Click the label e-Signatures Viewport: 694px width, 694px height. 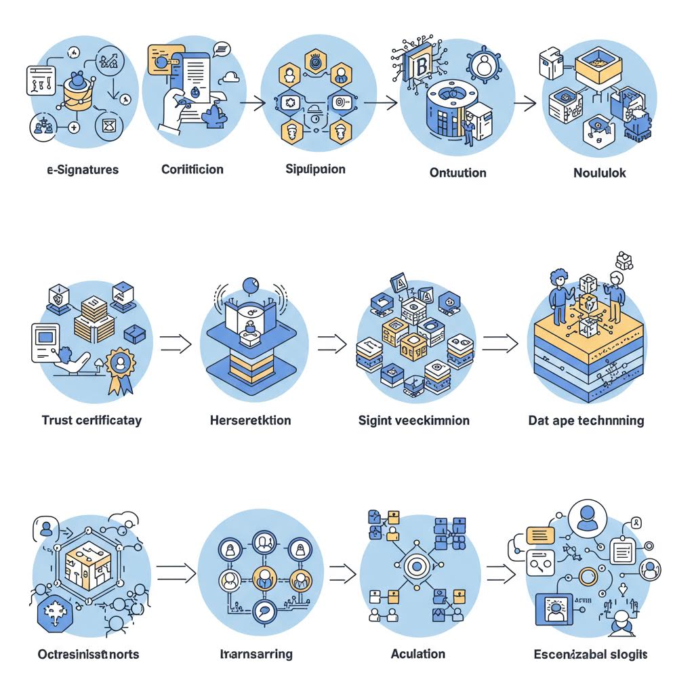pyautogui.click(x=83, y=169)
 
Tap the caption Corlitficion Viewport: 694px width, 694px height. pyautogui.click(x=192, y=169)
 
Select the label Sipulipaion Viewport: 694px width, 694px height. pyautogui.click(x=315, y=169)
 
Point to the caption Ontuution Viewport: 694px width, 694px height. pyautogui.click(x=458, y=172)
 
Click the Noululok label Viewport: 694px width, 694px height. pyautogui.click(x=600, y=172)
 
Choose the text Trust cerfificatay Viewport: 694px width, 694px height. pyautogui.click(x=91, y=420)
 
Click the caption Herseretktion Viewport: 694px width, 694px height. pyautogui.click(x=251, y=420)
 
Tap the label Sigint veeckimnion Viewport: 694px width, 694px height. pyautogui.click(x=413, y=420)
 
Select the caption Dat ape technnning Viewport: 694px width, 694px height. pyautogui.click(x=586, y=420)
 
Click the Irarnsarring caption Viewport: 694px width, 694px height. pyautogui.click(x=257, y=654)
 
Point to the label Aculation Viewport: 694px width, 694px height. pyautogui.click(x=418, y=654)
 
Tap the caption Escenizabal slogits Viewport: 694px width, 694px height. pyautogui.click(x=591, y=654)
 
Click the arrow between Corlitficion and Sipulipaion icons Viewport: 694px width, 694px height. pyautogui.click(x=253, y=103)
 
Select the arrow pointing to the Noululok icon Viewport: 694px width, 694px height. pyautogui.click(x=525, y=103)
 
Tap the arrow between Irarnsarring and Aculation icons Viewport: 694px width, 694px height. pyautogui.click(x=343, y=573)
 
